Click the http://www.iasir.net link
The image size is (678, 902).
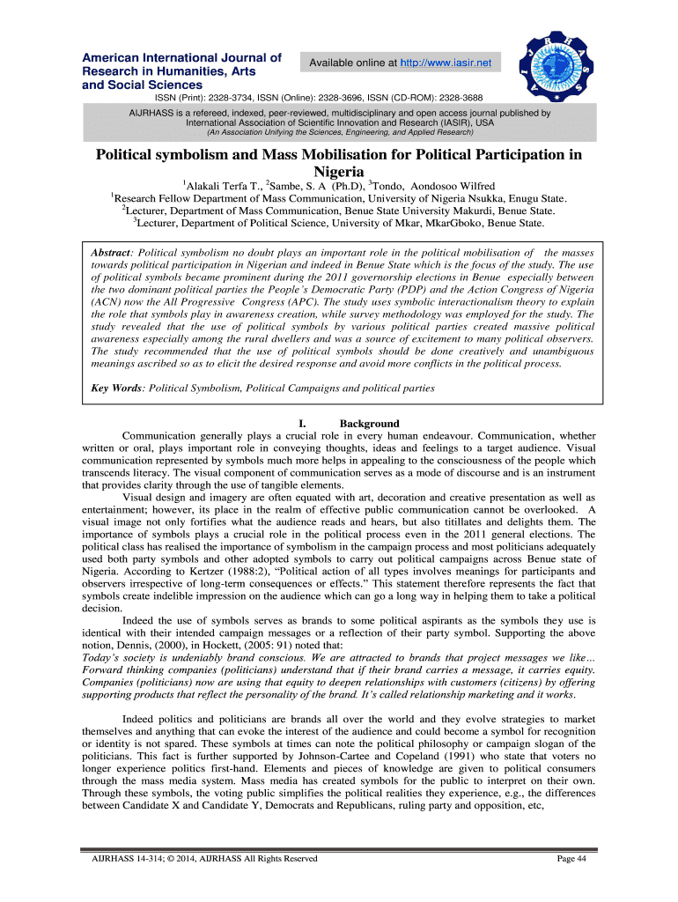447,63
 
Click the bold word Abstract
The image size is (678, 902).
112,252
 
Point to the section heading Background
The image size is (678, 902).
369,424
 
